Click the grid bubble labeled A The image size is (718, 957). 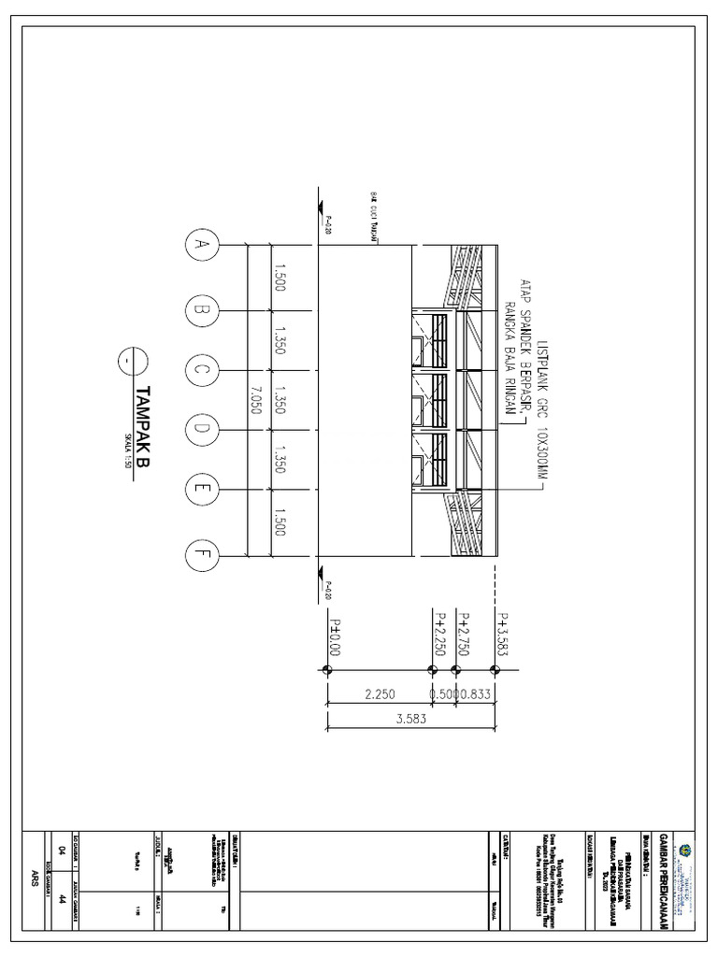click(199, 246)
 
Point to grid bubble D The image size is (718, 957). click(199, 430)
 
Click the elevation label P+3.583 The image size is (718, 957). click(503, 636)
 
